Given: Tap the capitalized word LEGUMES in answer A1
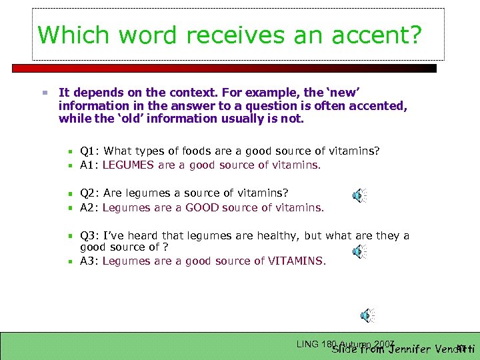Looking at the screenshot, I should click(x=128, y=165).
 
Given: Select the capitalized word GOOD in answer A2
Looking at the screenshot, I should click(x=203, y=207).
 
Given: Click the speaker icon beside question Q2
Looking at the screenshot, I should click(x=359, y=195).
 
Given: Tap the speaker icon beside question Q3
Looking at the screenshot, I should click(x=359, y=251).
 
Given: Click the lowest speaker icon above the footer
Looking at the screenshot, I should click(x=367, y=315).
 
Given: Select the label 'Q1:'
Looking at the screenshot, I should click(x=89, y=151).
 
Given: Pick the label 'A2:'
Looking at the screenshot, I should click(x=89, y=207).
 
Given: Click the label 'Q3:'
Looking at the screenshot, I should click(x=89, y=235).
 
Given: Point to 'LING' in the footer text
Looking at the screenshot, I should click(x=307, y=344).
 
